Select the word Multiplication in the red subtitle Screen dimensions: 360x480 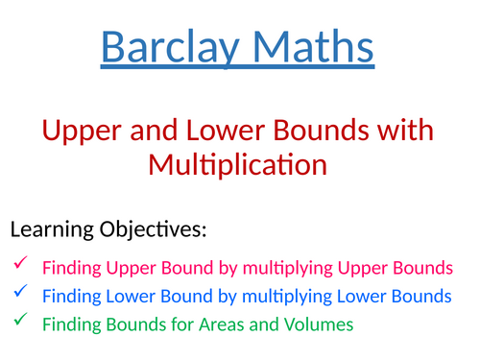pos(238,164)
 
